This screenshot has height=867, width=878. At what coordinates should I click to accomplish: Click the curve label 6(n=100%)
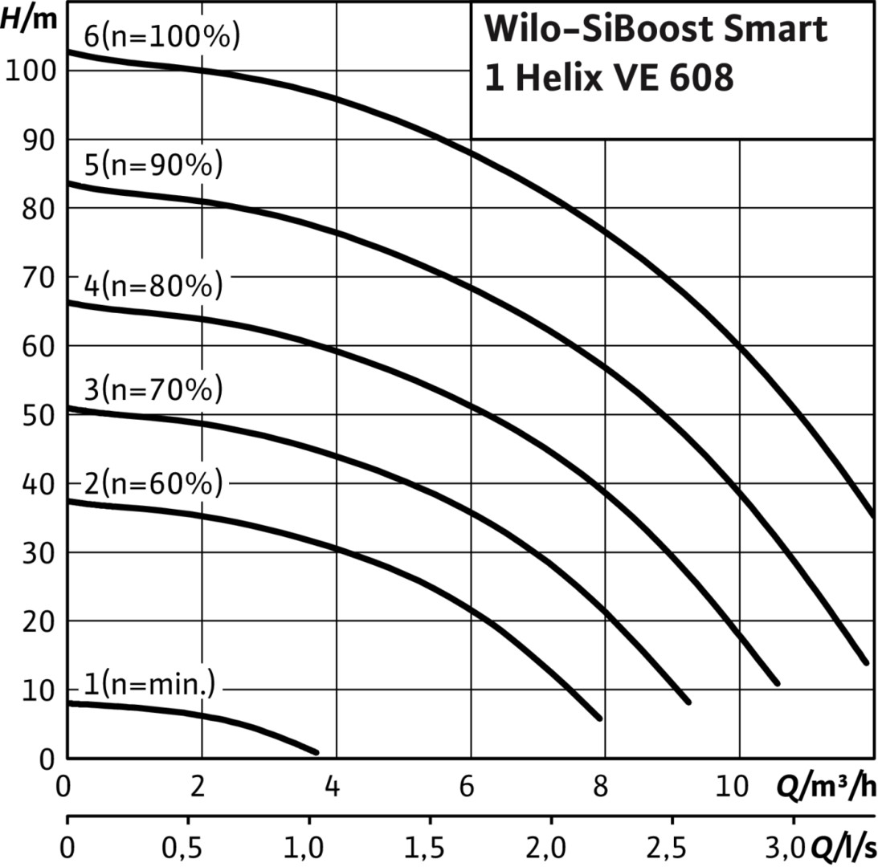(162, 36)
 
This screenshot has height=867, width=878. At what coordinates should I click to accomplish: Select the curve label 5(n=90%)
(153, 165)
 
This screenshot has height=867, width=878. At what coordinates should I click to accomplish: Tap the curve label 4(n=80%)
(153, 286)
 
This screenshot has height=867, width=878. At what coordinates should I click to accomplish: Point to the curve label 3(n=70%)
(153, 389)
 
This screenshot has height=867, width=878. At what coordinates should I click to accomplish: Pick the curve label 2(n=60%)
(153, 483)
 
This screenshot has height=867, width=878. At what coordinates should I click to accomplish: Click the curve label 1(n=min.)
(149, 683)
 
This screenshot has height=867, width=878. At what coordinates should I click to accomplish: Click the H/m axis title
(29, 18)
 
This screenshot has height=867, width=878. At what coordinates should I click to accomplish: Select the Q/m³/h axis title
(827, 787)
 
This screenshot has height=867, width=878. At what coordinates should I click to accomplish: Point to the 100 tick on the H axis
(31, 71)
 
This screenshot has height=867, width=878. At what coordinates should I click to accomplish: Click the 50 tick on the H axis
(39, 415)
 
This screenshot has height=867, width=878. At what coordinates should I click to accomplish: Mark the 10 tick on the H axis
(39, 691)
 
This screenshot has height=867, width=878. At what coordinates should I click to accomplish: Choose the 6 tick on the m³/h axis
(467, 787)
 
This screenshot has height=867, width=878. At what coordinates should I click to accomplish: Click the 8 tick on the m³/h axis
(600, 787)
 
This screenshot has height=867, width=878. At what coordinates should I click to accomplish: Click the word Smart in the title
(775, 29)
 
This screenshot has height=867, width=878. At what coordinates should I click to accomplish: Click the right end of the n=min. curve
(316, 752)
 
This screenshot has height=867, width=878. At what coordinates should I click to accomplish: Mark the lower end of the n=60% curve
(599, 718)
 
